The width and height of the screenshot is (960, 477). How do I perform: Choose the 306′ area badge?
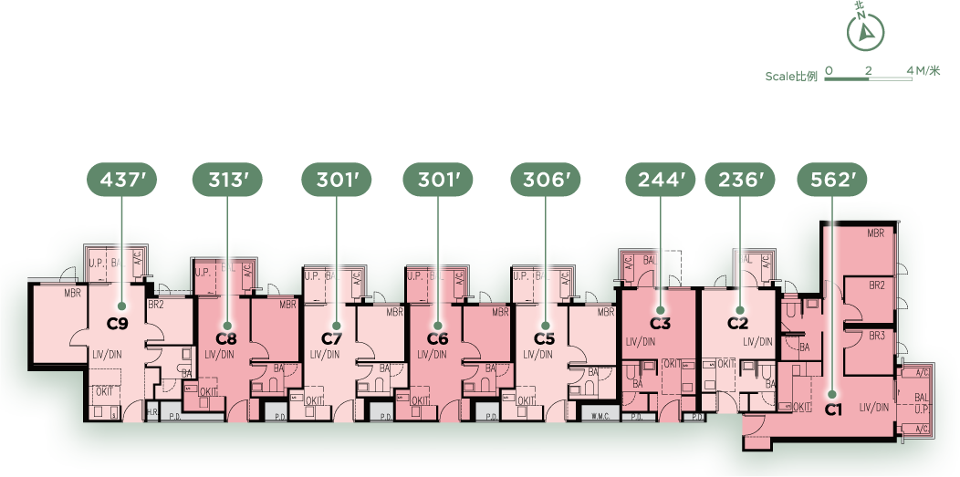click(545, 181)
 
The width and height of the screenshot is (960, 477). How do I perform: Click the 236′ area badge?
click(740, 181)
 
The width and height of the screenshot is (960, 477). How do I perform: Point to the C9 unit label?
click(118, 322)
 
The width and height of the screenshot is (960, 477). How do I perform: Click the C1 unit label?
click(832, 410)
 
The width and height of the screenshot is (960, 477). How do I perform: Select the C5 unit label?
click(545, 339)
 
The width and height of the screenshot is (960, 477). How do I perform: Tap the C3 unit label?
click(660, 323)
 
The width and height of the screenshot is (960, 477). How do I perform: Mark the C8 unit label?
click(226, 339)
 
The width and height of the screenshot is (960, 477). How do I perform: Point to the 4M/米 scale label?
click(923, 70)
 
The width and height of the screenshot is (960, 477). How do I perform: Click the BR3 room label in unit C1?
click(877, 336)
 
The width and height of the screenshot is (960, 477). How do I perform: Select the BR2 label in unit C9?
click(155, 304)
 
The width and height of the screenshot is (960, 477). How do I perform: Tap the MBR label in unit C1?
click(876, 233)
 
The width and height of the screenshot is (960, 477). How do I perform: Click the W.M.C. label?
click(599, 417)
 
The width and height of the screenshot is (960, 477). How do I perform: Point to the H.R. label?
click(152, 413)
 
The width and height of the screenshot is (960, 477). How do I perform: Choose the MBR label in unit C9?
click(73, 294)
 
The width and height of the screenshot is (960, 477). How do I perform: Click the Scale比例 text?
click(791, 77)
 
